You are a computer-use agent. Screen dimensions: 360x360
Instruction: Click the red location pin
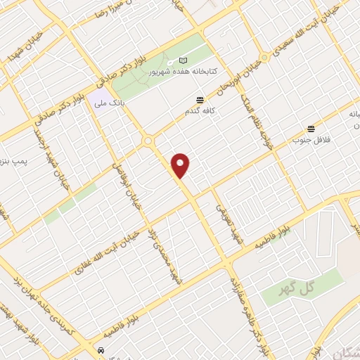point(181,165)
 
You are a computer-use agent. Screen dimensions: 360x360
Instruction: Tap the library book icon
point(184,61)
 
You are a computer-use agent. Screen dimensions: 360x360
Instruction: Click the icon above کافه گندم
point(200,101)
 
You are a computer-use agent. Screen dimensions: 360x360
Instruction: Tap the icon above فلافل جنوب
point(310,128)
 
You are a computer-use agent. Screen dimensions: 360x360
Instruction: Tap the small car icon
point(102,350)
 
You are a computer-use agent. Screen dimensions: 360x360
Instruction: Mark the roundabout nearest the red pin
point(148,141)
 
